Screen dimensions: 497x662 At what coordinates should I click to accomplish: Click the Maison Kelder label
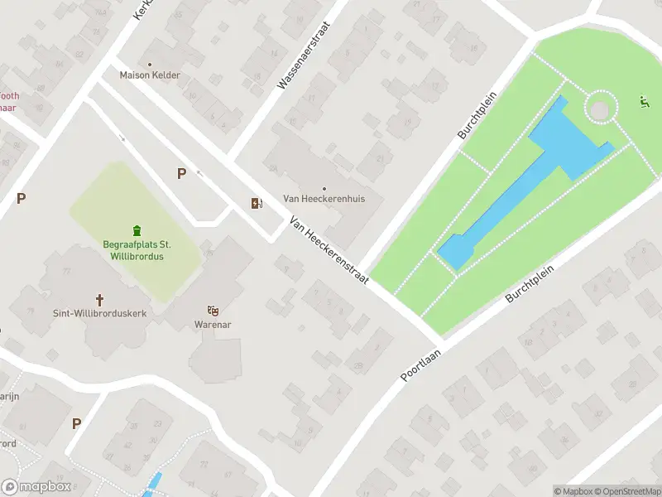(x=150, y=75)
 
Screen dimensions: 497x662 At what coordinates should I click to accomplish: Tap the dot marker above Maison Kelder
(x=150, y=64)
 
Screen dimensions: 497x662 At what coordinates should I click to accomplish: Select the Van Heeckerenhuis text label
(x=324, y=199)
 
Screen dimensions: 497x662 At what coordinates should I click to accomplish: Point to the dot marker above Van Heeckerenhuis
(x=324, y=188)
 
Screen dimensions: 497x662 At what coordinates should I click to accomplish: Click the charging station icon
(x=257, y=203)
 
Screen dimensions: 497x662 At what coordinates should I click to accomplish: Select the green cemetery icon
(x=137, y=230)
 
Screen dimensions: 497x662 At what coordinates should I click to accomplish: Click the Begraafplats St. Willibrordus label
(x=137, y=250)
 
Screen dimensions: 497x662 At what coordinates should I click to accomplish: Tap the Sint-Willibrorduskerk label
(x=100, y=314)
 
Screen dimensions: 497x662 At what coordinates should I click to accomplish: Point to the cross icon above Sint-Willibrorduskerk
(x=100, y=300)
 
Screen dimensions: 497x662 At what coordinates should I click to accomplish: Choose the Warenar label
(x=213, y=324)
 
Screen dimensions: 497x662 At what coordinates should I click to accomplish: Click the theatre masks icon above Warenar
(x=213, y=311)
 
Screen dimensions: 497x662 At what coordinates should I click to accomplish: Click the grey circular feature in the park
(x=602, y=108)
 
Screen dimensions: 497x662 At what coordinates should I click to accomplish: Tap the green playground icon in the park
(x=644, y=103)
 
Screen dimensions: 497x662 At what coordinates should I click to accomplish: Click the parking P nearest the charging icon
(x=181, y=173)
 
